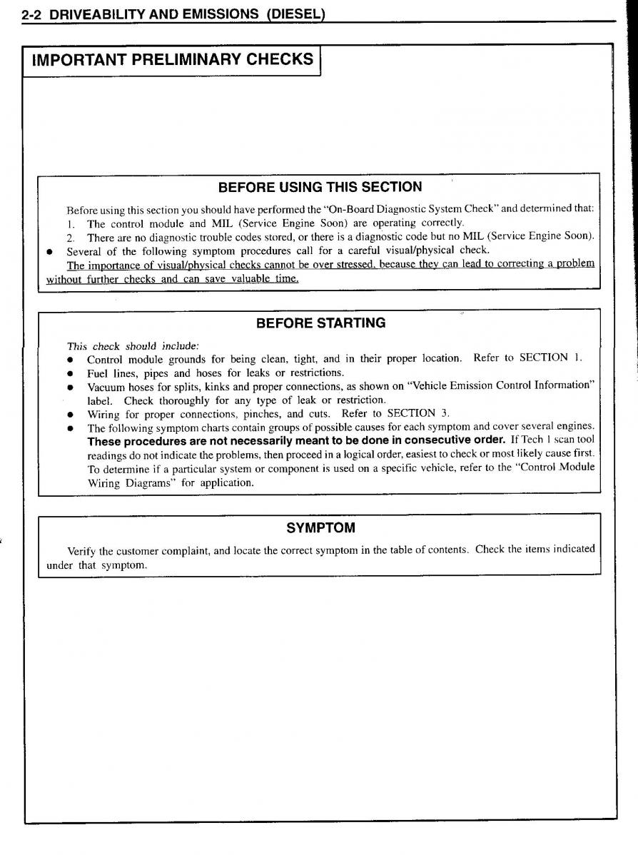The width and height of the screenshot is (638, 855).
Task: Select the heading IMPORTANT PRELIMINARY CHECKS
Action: pos(172,59)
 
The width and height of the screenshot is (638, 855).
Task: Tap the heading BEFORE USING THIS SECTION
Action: pos(319,187)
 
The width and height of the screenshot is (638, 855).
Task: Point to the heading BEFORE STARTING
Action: pos(320,323)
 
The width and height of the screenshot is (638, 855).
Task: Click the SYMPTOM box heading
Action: pos(320,528)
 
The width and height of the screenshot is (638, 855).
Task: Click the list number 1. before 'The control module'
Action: pos(71,223)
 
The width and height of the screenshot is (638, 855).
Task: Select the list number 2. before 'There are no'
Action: pos(71,237)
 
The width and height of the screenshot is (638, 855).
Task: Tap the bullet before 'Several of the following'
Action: pos(50,251)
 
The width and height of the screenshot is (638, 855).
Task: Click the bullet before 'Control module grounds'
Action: pos(71,359)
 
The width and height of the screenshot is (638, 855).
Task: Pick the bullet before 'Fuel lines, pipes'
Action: pos(71,373)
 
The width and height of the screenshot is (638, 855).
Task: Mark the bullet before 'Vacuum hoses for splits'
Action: pos(71,386)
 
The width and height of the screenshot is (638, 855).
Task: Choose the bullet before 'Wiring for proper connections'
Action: pos(71,414)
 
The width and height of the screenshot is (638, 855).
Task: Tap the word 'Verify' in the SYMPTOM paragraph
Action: pos(81,550)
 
